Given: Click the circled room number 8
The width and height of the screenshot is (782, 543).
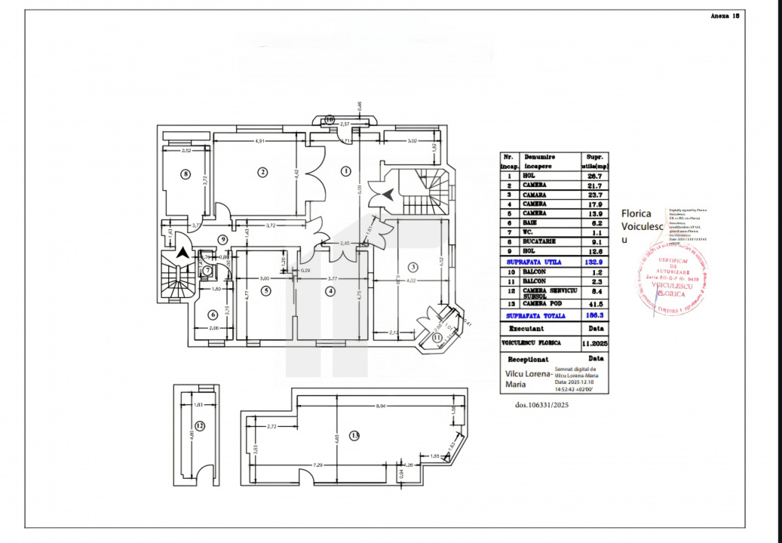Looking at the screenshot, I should click(x=186, y=174).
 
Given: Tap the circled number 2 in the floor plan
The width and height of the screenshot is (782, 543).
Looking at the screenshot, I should click(x=262, y=172).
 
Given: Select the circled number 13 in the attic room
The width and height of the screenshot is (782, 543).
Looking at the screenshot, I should click(x=355, y=435).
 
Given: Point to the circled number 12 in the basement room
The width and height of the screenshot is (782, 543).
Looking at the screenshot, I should click(x=200, y=426).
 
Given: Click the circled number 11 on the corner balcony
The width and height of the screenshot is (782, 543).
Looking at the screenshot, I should click(x=437, y=338).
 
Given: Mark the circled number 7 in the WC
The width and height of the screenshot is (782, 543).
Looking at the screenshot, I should click(x=207, y=270).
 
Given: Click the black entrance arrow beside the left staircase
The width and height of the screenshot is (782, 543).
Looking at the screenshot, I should click(x=182, y=254).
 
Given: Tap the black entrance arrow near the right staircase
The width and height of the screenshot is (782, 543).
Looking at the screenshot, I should click(x=388, y=195).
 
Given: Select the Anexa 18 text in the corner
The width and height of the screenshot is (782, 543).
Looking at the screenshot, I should click(x=725, y=15).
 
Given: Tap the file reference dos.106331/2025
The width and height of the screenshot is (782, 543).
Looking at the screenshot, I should click(x=541, y=405).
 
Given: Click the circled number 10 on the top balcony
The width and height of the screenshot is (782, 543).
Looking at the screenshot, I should click(x=330, y=119).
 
